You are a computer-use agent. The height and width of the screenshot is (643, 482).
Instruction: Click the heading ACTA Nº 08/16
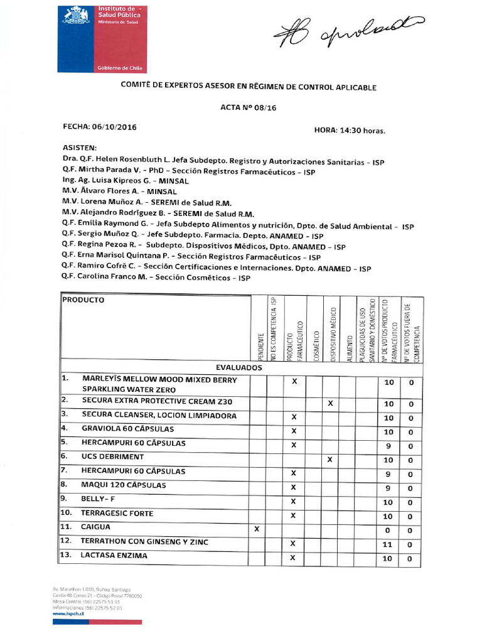249,107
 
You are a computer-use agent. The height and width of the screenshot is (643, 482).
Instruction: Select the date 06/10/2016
114,127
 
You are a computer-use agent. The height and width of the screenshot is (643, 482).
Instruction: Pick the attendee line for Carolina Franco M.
156,276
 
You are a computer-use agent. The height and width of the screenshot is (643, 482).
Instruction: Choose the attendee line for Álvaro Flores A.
120,190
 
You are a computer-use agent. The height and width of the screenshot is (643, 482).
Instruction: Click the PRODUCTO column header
83,300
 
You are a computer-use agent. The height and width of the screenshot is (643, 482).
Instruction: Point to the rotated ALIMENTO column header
349,347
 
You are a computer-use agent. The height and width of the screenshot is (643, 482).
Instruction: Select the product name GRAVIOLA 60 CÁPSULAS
127,428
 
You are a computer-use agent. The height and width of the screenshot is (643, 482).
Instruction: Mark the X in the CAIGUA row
256,529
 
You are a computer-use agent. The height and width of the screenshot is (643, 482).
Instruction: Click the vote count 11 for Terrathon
388,544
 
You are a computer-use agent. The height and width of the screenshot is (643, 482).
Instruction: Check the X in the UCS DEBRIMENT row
330,460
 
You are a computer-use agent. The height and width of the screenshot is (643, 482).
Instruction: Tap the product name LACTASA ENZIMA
114,556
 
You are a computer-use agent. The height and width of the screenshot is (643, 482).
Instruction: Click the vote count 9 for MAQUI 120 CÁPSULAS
388,488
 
